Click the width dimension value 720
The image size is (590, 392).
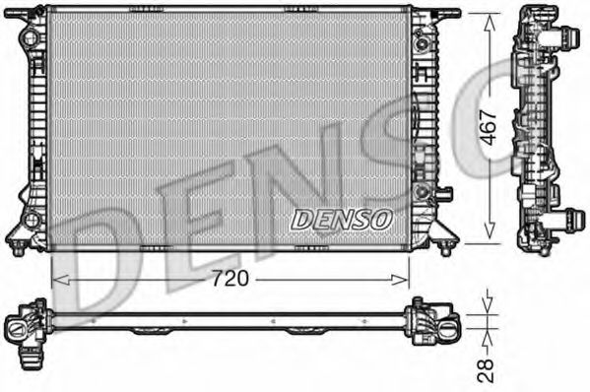[231, 279]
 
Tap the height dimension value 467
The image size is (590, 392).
[486, 127]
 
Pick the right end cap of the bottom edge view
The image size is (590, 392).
[434, 321]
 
